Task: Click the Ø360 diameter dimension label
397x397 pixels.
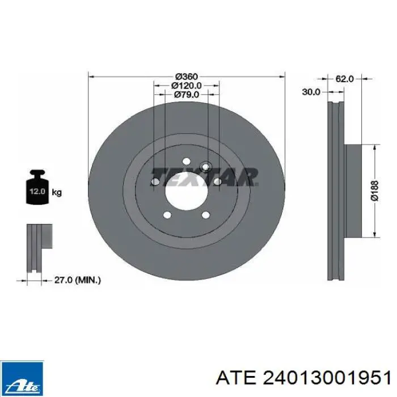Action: pos(187,76)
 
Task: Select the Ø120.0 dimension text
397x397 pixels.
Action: pos(187,86)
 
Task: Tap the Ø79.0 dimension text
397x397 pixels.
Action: pos(187,95)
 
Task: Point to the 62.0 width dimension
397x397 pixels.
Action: pos(344,79)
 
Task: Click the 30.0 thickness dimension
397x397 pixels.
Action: pos(311,92)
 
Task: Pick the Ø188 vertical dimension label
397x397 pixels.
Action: pos(375,191)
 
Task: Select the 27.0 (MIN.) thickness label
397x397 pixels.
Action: pos(78,280)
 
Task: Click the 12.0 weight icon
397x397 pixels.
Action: pos(37,187)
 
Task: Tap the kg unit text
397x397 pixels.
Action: pos(57,193)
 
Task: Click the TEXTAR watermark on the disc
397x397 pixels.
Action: pos(204,176)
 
